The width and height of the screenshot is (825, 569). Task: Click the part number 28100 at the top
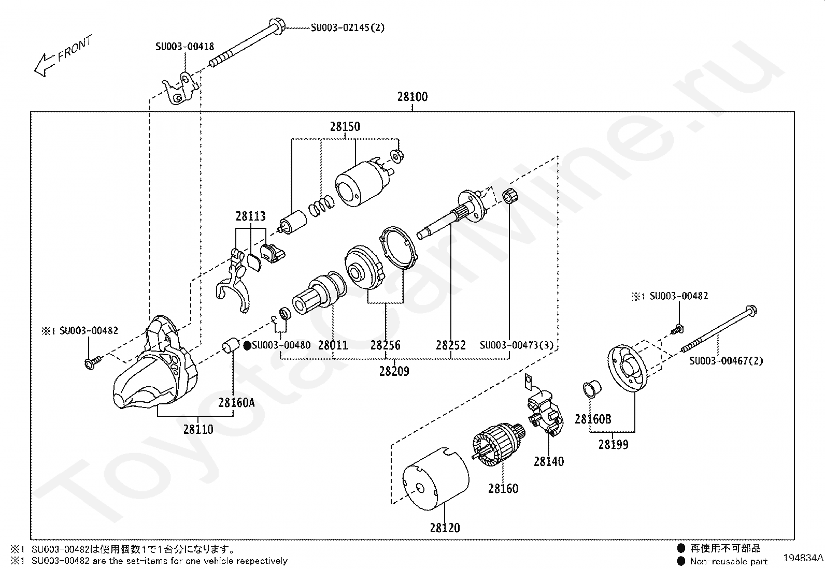click(412, 97)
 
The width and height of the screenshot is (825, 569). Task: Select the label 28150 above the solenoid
click(345, 127)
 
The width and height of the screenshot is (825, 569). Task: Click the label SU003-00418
click(184, 47)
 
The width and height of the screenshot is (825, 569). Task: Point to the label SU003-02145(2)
click(348, 27)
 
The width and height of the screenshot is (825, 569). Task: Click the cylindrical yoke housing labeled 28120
click(436, 479)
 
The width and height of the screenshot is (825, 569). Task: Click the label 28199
click(613, 444)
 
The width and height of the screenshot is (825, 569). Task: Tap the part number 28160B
click(593, 419)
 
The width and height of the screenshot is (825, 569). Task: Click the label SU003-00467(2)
click(726, 361)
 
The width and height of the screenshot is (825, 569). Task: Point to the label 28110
click(198, 429)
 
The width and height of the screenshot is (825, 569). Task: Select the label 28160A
click(236, 402)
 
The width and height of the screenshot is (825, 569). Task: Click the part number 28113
click(250, 216)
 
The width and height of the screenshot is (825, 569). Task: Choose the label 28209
click(394, 371)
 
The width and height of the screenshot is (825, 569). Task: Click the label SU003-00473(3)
click(516, 345)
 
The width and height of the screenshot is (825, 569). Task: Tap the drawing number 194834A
click(803, 558)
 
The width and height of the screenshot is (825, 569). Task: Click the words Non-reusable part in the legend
click(729, 561)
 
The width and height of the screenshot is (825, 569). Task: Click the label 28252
click(451, 345)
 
